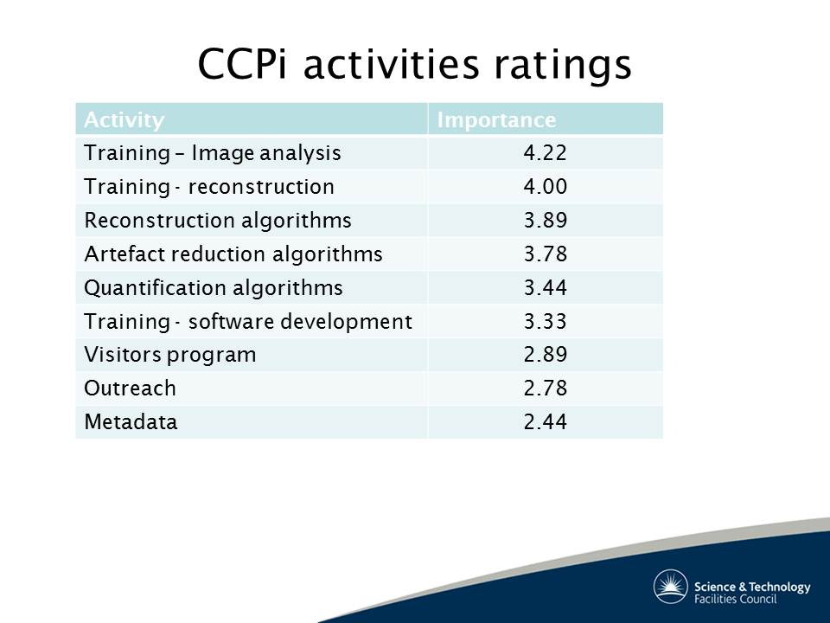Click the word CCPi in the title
[242, 64]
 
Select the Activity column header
[124, 120]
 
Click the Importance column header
[496, 120]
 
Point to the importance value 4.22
[546, 153]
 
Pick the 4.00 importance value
[546, 187]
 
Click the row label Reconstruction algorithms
[218, 221]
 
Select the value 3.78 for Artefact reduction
[546, 254]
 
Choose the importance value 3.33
[546, 322]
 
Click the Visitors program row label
[170, 355]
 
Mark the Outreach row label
[130, 389]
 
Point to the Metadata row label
[131, 422]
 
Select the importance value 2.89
[546, 355]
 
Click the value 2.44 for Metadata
[546, 421]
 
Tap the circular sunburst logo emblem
[670, 587]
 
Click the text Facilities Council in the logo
[735, 599]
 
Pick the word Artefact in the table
[124, 254]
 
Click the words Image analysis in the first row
[266, 154]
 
